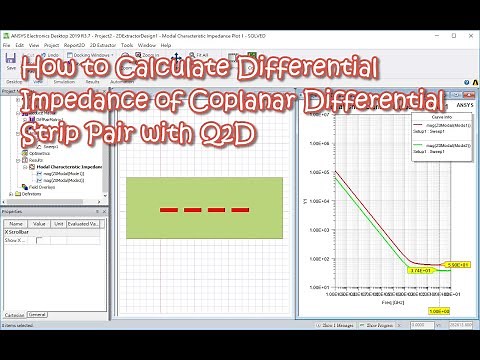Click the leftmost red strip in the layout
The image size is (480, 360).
170,210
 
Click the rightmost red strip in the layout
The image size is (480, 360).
240,210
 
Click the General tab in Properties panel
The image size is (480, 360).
37,314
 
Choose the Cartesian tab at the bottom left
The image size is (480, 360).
13,314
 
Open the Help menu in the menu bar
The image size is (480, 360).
166,45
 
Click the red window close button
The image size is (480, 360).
471,34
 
